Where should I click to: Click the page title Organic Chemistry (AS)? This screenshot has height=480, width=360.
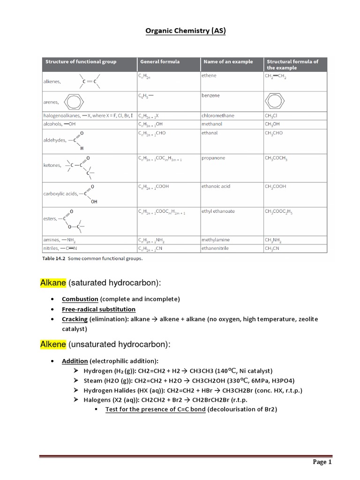click(x=180, y=31)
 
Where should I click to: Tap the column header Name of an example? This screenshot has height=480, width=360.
click(x=227, y=61)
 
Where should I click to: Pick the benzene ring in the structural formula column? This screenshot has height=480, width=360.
click(x=275, y=102)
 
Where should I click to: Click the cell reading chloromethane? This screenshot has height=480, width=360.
click(x=218, y=116)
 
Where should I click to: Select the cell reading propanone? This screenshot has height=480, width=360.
click(x=213, y=158)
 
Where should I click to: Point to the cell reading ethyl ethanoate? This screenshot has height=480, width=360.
click(x=218, y=211)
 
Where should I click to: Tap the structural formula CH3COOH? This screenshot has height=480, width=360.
click(x=276, y=187)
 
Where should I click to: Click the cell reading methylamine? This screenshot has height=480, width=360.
click(x=216, y=240)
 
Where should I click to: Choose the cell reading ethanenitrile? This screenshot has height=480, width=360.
click(x=215, y=248)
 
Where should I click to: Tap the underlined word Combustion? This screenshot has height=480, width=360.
click(x=80, y=299)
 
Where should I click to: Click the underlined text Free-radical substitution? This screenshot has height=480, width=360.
click(x=98, y=309)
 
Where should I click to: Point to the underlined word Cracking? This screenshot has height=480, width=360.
click(x=75, y=319)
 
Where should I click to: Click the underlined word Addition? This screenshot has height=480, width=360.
click(x=75, y=361)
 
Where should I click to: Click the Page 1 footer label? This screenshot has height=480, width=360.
click(x=322, y=462)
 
